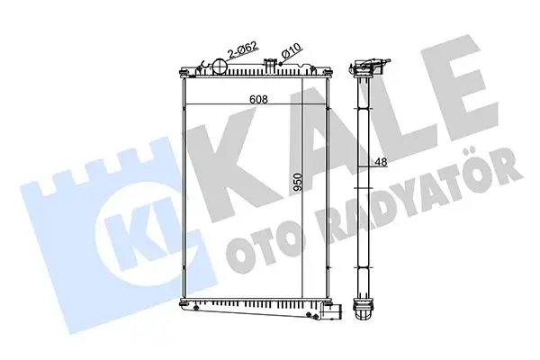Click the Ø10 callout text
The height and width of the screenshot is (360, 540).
click(290, 52)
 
